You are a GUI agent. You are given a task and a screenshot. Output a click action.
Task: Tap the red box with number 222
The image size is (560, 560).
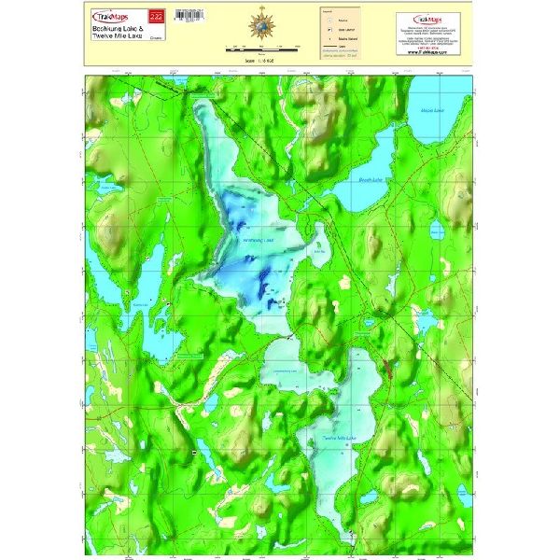(x=156, y=17)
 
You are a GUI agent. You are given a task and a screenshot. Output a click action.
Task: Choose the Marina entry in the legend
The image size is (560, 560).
(x=334, y=18)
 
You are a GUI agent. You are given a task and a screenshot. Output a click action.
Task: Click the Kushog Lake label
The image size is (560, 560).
(x=142, y=304)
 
